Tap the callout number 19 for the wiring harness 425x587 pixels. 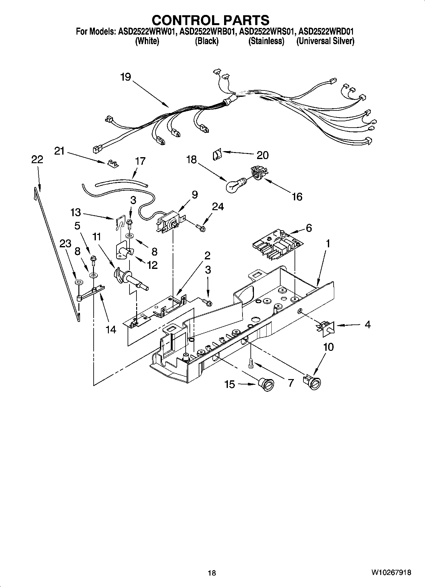click(126, 77)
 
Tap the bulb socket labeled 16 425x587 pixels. click(259, 174)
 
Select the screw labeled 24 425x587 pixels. click(200, 227)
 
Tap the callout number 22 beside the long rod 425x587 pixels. click(37, 159)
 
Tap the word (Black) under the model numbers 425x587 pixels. click(207, 41)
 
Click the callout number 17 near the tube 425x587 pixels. click(140, 161)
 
